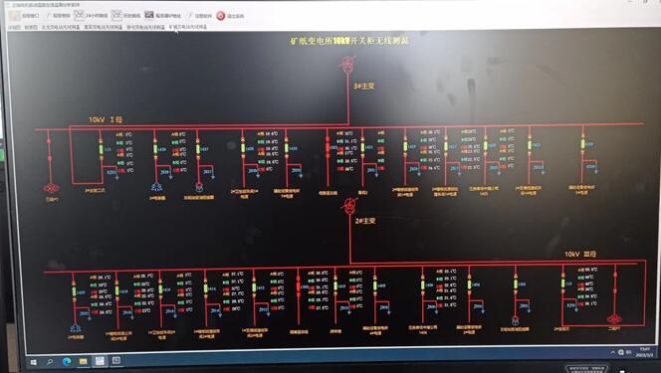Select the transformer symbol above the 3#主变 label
click(348, 66)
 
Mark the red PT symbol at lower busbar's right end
click(614, 320)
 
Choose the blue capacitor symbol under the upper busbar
click(156, 186)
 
